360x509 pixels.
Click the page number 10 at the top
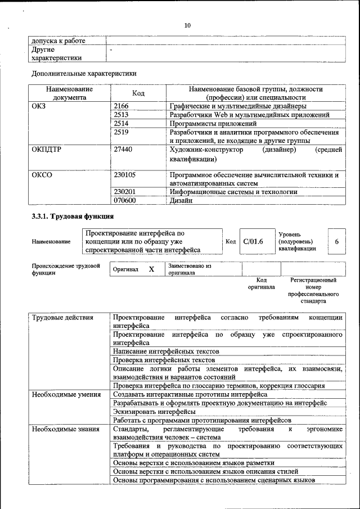point(187,25)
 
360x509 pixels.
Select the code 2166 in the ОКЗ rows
point(121,106)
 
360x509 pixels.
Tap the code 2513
point(121,115)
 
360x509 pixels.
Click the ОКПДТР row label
point(47,150)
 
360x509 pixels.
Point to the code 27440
point(123,150)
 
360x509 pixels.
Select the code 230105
point(124,175)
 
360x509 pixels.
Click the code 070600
point(124,200)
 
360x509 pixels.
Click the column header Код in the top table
point(138,93)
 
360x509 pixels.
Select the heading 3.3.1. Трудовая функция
point(73,217)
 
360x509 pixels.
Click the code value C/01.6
point(253,241)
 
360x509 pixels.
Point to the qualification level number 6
point(336,241)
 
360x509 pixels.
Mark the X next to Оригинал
point(151,269)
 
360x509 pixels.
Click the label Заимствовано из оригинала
point(189,269)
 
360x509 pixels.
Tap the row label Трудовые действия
point(62,318)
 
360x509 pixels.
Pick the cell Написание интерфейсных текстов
point(166,351)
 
